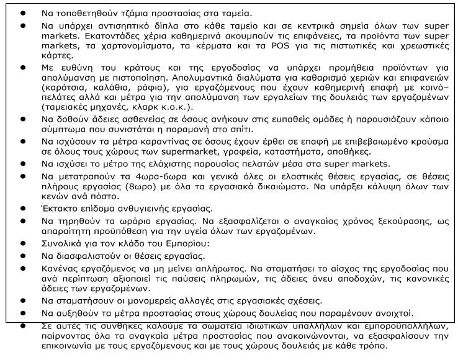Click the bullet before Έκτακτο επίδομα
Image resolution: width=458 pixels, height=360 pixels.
(23, 209)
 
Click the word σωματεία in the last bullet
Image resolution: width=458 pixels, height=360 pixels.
(209, 325)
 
